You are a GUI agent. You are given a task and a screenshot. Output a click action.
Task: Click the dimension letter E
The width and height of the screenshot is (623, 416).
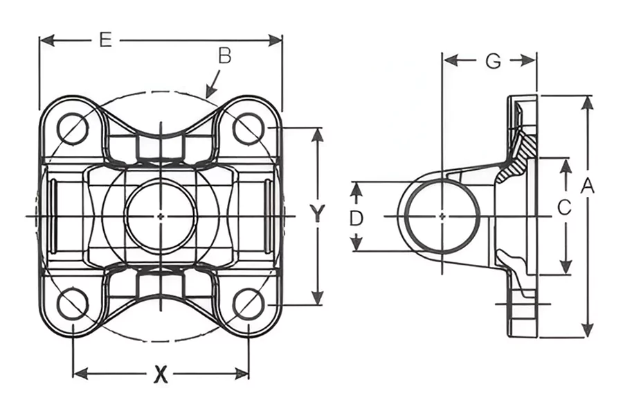pos(105,40)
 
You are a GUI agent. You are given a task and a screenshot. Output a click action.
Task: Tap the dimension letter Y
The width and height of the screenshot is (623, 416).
pos(317,214)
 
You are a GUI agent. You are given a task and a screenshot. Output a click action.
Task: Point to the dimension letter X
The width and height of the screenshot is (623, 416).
pos(161,374)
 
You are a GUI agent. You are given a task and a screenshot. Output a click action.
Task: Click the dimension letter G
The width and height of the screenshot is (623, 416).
pos(492,61)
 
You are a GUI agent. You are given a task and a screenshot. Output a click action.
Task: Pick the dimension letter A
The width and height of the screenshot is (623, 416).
pos(588,186)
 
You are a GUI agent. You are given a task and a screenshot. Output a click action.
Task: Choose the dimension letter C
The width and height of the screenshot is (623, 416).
pos(564,207)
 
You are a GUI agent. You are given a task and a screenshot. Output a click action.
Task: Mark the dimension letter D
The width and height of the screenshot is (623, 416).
pos(356,218)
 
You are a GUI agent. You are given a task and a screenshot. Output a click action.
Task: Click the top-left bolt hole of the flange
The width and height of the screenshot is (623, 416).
pos(73,128)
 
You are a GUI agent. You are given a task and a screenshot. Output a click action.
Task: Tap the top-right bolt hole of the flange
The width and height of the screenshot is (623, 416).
pos(248,128)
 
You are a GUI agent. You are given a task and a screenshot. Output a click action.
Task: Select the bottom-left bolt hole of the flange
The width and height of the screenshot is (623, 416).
pos(73,304)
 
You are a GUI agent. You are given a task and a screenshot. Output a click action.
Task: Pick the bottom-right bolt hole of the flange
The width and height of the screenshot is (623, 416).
pos(248,304)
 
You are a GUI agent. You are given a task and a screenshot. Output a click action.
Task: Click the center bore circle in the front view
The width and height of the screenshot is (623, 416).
pos(160,216)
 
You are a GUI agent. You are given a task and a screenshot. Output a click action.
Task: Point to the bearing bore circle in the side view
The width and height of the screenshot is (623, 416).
pos(442,216)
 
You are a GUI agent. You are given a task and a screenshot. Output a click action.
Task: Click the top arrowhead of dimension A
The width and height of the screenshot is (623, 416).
pos(588,101)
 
